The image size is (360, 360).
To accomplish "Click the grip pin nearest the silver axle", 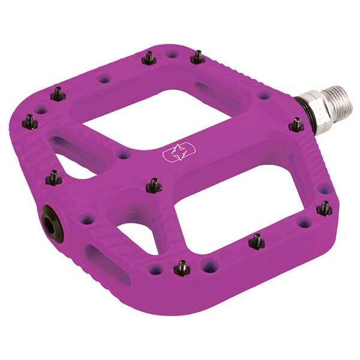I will coord(296,125).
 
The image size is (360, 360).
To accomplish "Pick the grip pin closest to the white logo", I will coord(154,185).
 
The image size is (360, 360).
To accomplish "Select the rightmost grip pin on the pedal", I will coord(325,208).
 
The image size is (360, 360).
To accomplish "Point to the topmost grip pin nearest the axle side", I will coord(197,57).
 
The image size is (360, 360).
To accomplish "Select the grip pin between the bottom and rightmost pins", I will coord(256,241).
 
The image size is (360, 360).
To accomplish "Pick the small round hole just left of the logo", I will coord(123,155).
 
